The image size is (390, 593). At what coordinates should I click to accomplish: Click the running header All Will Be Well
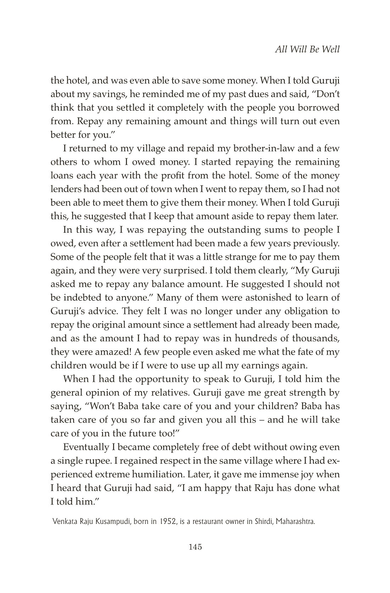tap(307, 49)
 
